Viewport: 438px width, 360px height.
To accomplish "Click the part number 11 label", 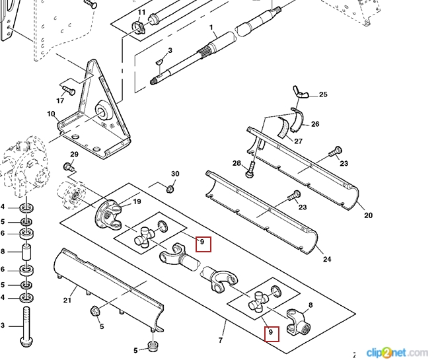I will coord(141,13).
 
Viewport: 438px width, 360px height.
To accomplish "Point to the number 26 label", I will coord(315,124).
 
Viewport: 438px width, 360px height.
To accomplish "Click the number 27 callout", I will coord(299,141).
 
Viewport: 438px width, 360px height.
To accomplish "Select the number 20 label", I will coord(369,215).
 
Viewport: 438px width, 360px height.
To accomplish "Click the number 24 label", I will coord(326,259).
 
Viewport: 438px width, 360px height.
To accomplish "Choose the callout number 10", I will coord(50,114).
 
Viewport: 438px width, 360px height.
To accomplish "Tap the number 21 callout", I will coord(67,301).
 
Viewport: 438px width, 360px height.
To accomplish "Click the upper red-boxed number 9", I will coord(204,244).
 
